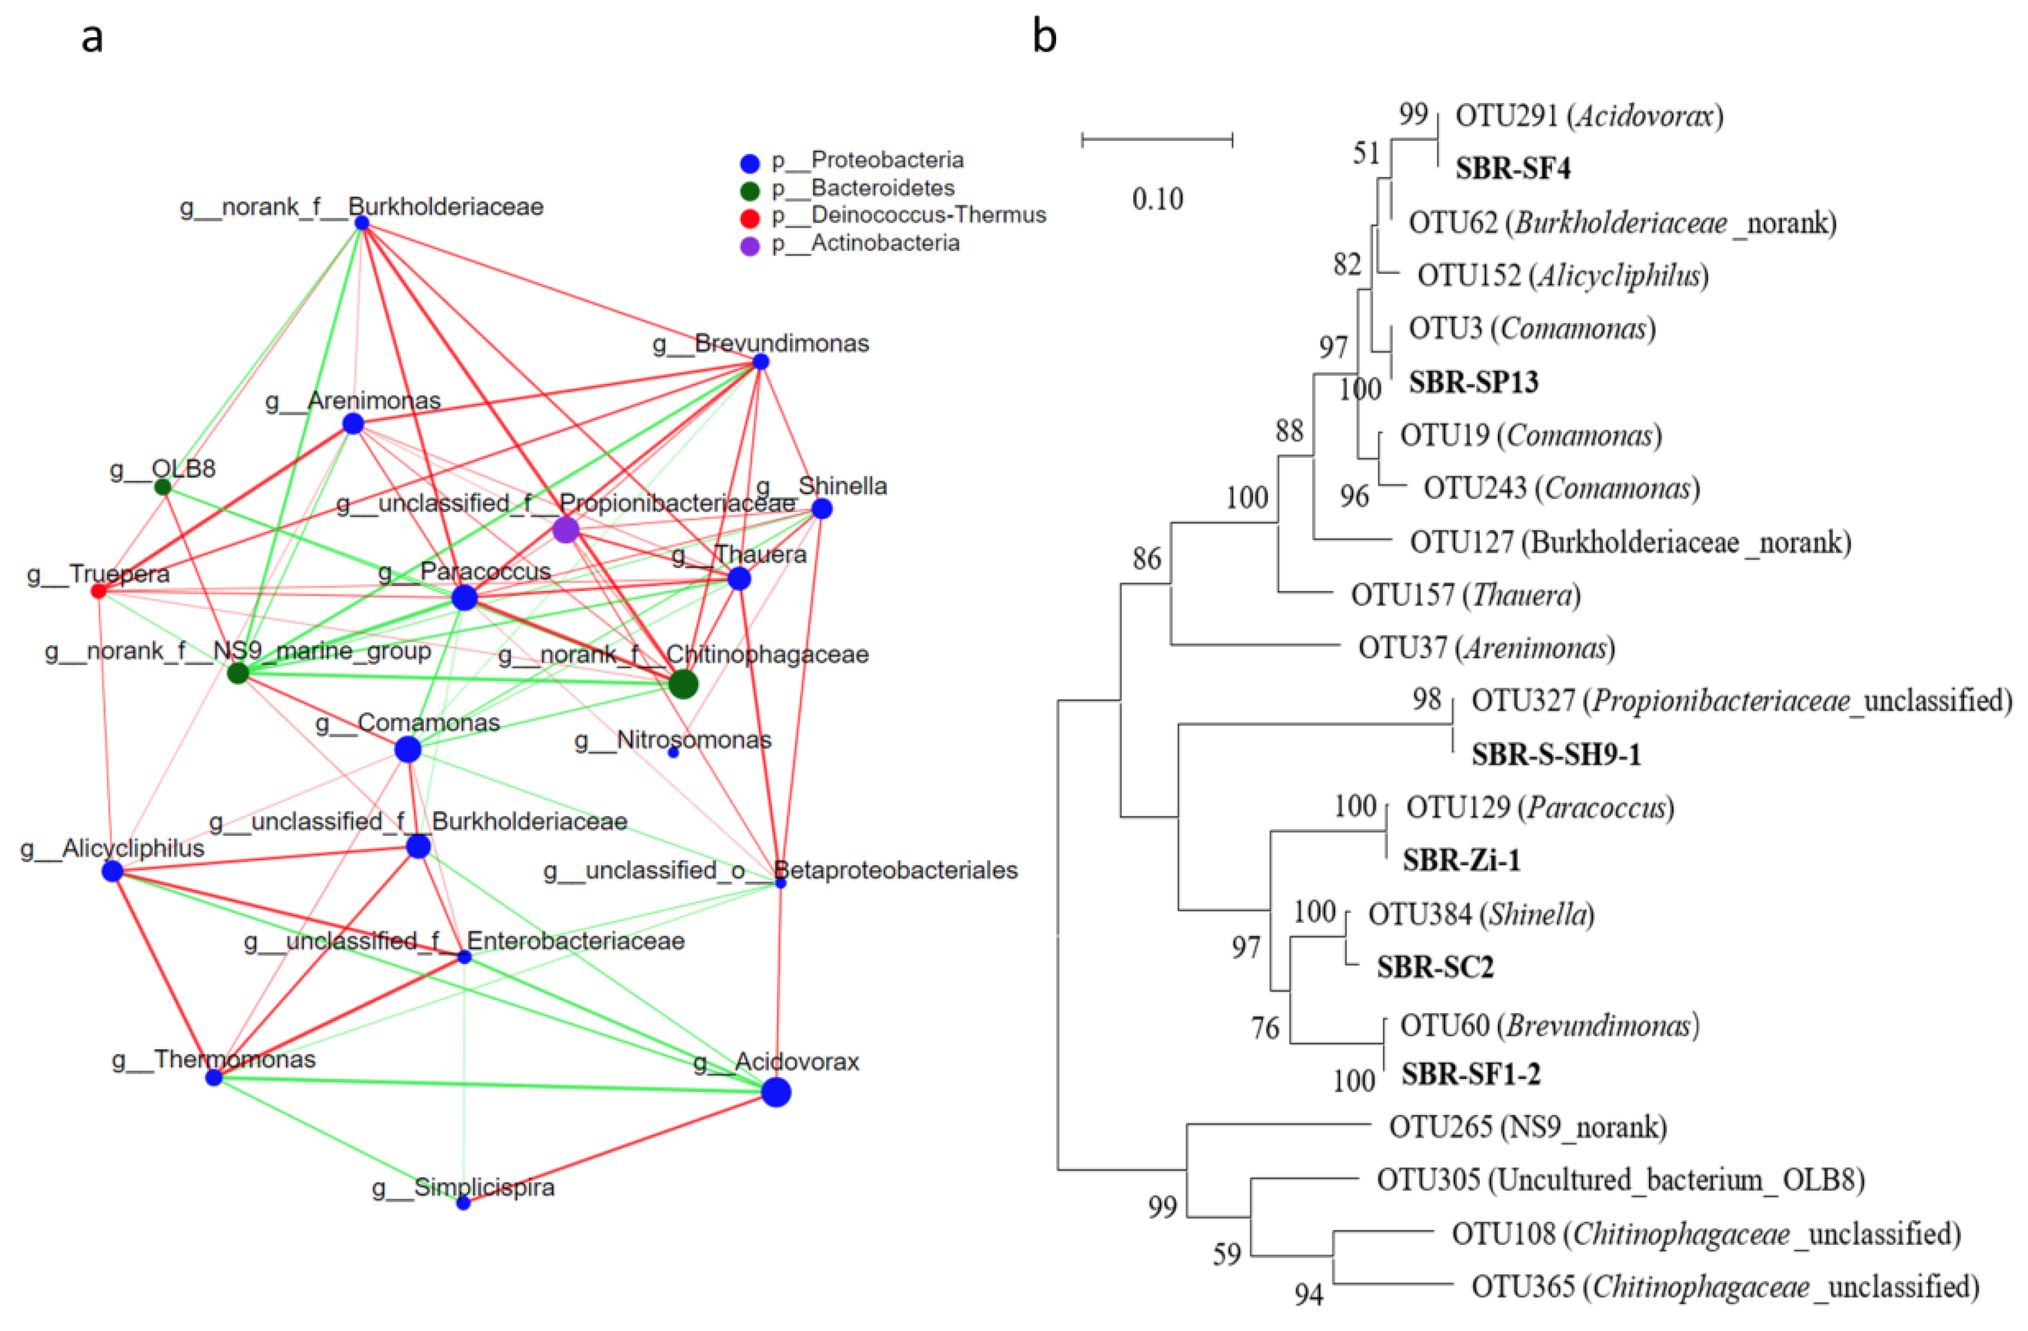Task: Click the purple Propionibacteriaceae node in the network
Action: click(x=566, y=530)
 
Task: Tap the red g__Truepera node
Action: click(x=99, y=590)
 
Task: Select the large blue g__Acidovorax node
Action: click(x=776, y=1092)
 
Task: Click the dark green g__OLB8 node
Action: click(x=162, y=487)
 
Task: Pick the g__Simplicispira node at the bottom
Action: click(x=463, y=1202)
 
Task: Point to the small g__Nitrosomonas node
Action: click(x=673, y=752)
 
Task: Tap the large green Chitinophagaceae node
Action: click(x=682, y=684)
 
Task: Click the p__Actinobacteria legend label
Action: click(x=885, y=244)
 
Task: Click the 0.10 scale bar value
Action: click(x=1157, y=199)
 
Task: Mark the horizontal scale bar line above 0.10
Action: click(x=1157, y=139)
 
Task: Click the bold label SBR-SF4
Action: click(x=1512, y=168)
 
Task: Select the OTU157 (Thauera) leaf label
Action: click(x=1465, y=594)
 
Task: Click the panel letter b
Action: click(x=1045, y=37)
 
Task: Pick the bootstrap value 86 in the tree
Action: click(x=1146, y=558)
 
